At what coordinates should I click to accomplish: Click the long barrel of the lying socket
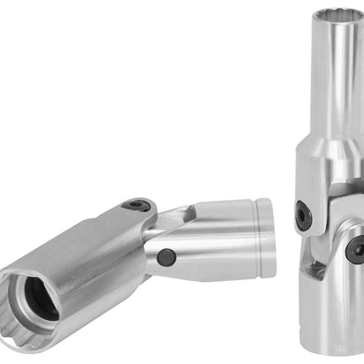click(x=93, y=254)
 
